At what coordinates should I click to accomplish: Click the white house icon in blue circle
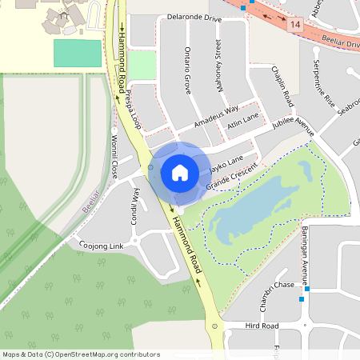tap(179, 172)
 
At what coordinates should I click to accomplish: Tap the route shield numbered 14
tap(296, 26)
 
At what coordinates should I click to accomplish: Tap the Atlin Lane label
tap(242, 120)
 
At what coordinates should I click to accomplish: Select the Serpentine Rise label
tap(324, 83)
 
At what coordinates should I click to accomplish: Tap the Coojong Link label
tap(101, 244)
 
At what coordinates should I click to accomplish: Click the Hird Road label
tap(262, 326)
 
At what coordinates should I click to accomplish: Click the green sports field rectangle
tap(77, 54)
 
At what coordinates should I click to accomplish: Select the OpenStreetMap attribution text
tap(81, 354)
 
